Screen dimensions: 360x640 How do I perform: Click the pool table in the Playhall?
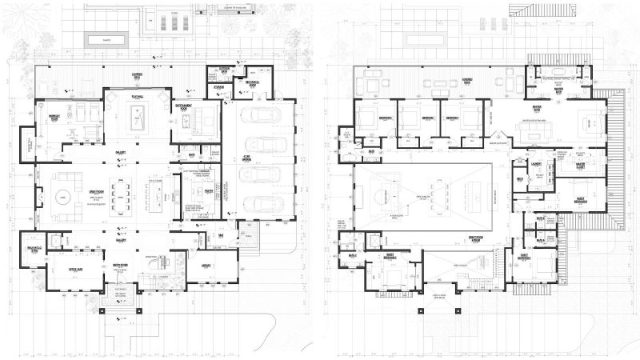pyautogui.click(x=136, y=120)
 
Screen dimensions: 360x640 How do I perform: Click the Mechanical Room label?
pyautogui.click(x=255, y=82)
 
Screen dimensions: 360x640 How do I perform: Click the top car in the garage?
pyautogui.click(x=264, y=114)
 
